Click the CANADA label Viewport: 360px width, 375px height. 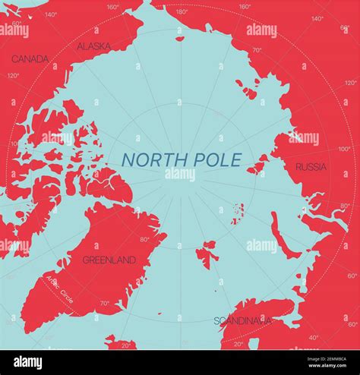point(30,58)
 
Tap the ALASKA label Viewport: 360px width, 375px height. point(93,46)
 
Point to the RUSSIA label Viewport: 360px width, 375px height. point(311,166)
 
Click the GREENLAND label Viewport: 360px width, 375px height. point(109,260)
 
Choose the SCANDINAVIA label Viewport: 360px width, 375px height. point(242,320)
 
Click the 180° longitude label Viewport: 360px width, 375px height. point(182,11)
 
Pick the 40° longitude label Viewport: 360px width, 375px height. point(314,337)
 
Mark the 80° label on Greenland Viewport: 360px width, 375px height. point(145,240)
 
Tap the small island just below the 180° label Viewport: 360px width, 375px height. point(180,38)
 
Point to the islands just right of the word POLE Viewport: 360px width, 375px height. point(259,163)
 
